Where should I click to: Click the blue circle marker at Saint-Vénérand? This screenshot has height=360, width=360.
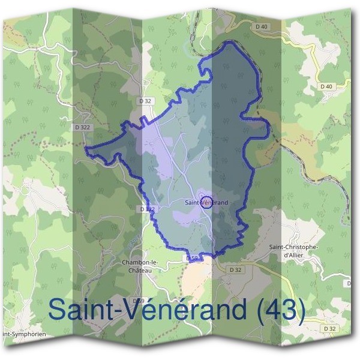[206, 202]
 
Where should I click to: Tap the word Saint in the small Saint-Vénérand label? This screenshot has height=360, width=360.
[192, 203]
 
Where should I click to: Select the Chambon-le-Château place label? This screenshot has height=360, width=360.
[139, 266]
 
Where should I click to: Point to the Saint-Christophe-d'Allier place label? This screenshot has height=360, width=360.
[293, 251]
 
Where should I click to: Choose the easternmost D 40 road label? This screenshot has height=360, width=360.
[326, 86]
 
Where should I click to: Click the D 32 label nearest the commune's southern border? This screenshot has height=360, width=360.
[235, 270]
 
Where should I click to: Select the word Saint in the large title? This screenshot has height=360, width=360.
[79, 309]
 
